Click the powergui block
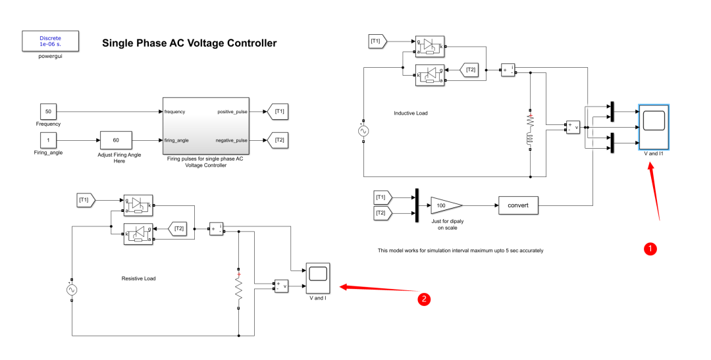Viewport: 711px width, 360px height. [50, 41]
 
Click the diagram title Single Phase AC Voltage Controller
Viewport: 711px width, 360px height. [189, 43]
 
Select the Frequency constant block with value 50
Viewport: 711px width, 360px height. [48, 111]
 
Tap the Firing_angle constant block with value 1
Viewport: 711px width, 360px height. [48, 140]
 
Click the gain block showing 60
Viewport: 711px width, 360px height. [116, 140]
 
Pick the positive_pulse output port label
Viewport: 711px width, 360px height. [231, 112]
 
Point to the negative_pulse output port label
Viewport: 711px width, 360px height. [231, 140]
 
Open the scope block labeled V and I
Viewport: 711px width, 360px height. [318, 278]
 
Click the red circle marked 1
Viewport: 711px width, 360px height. [650, 248]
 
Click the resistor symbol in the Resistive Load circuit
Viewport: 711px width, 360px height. [238, 289]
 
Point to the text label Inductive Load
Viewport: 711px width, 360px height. [410, 113]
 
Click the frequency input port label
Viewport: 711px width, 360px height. [175, 112]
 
